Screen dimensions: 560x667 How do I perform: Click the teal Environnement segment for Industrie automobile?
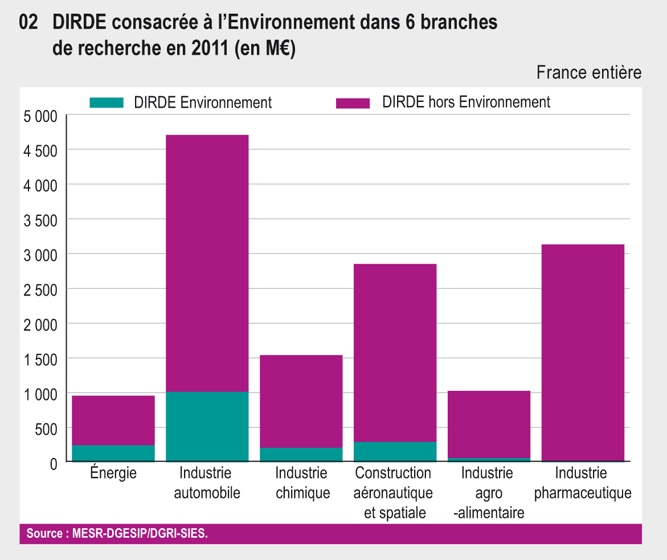point(207,426)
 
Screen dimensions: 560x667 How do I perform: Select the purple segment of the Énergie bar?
point(113,420)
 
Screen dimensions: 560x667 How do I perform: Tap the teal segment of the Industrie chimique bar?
point(301,454)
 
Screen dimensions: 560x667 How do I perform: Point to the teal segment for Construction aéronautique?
point(395,451)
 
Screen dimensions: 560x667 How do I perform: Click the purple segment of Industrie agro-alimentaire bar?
point(489,424)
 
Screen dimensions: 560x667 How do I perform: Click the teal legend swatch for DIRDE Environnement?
point(107,103)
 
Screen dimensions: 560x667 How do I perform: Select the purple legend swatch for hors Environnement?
point(353,103)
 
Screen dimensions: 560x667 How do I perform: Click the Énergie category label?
point(113,473)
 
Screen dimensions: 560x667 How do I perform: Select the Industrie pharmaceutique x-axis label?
point(583,483)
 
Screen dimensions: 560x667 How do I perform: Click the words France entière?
point(589,73)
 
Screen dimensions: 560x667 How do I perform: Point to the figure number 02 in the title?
point(28,23)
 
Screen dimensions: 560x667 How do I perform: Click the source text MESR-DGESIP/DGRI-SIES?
point(140,534)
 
